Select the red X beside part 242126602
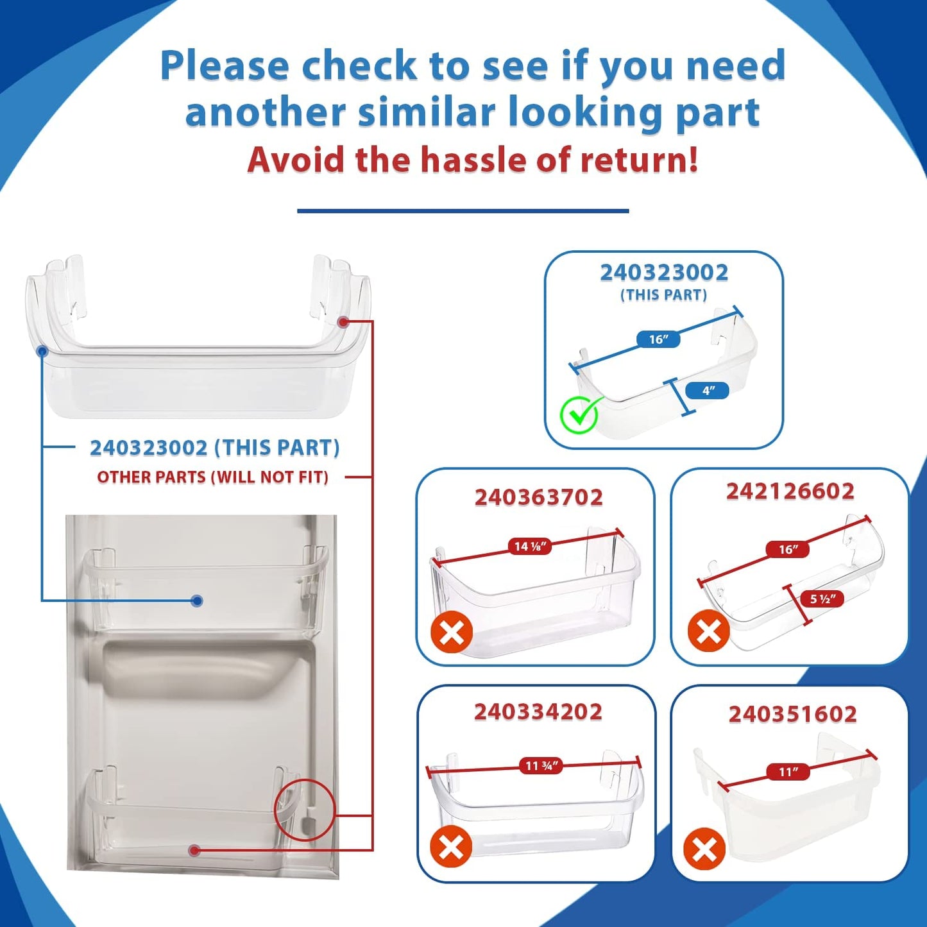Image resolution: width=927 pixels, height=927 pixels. coord(709,631)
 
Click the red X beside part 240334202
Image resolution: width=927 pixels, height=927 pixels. coord(452,847)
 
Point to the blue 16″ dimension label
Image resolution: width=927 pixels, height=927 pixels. coord(658,339)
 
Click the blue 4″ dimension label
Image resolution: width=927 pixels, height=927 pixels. coord(707,390)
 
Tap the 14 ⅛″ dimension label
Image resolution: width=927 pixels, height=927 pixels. coord(529,546)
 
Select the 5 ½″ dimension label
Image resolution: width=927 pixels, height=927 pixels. coord(822,599)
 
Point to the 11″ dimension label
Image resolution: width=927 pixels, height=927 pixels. coord(788,772)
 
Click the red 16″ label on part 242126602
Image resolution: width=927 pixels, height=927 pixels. coord(788,549)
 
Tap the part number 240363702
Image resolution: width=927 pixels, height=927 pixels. coord(539,497)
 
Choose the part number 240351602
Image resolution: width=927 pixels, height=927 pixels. coord(793,713)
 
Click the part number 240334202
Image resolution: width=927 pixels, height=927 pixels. coord(538,712)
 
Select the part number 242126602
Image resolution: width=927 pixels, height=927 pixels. coord(790,491)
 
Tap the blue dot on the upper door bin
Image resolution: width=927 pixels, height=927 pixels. coord(196,600)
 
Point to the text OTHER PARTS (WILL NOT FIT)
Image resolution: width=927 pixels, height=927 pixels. coord(212,477)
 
